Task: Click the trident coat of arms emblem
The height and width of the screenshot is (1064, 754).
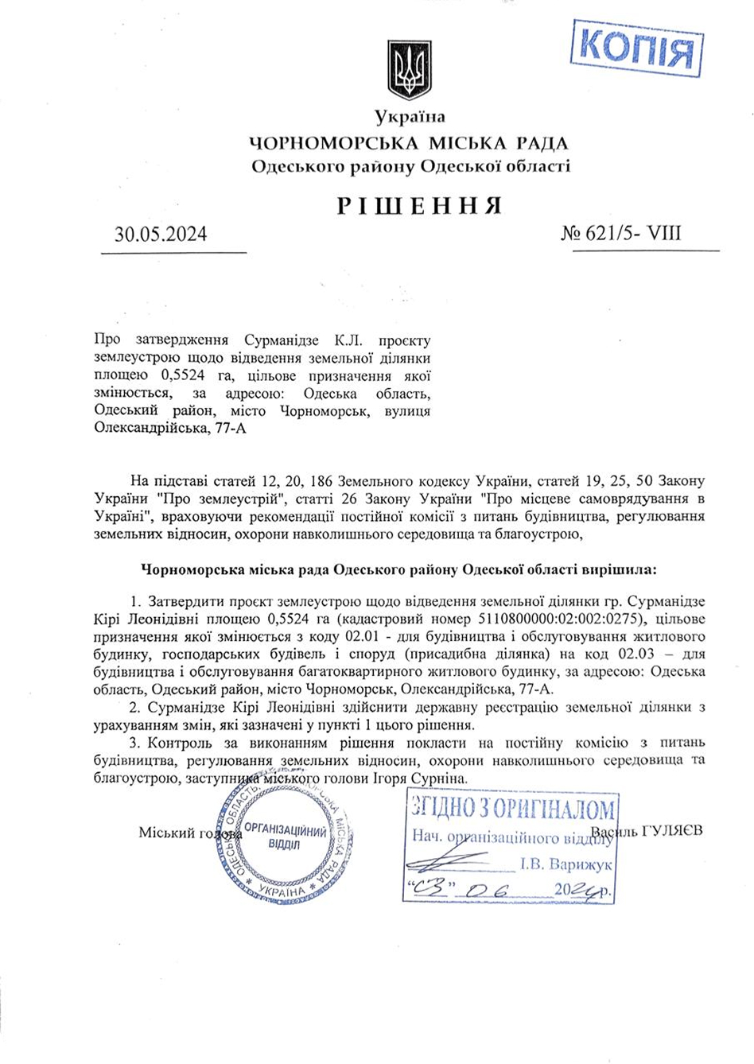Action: pos(409,70)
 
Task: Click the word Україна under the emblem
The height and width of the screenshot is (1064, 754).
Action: pos(410,118)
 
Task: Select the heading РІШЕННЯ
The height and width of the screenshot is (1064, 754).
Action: pos(420,205)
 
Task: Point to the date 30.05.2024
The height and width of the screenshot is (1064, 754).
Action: pos(161,234)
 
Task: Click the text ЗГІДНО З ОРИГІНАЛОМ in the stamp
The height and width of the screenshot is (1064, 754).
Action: pos(512,810)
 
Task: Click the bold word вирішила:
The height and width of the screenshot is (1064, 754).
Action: pos(620,569)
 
